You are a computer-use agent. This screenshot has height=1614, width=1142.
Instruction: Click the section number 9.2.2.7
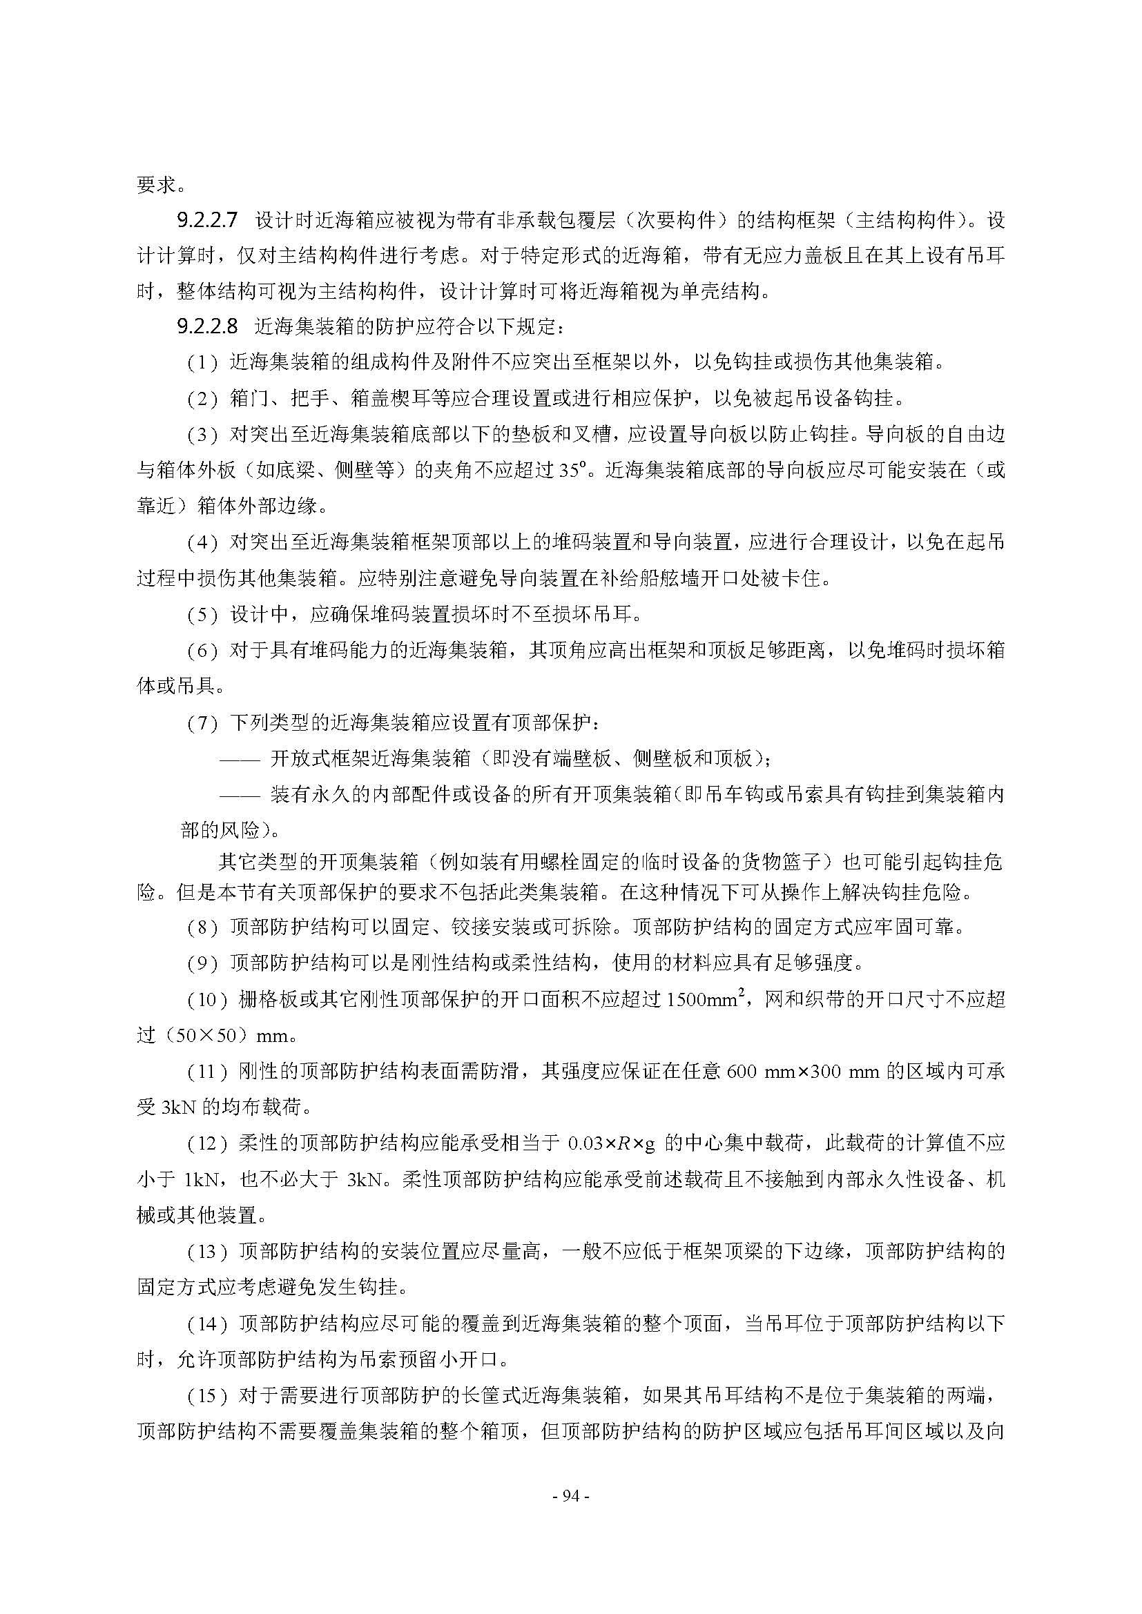click(x=207, y=220)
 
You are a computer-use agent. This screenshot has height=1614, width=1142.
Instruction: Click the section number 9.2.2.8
click(x=207, y=326)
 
